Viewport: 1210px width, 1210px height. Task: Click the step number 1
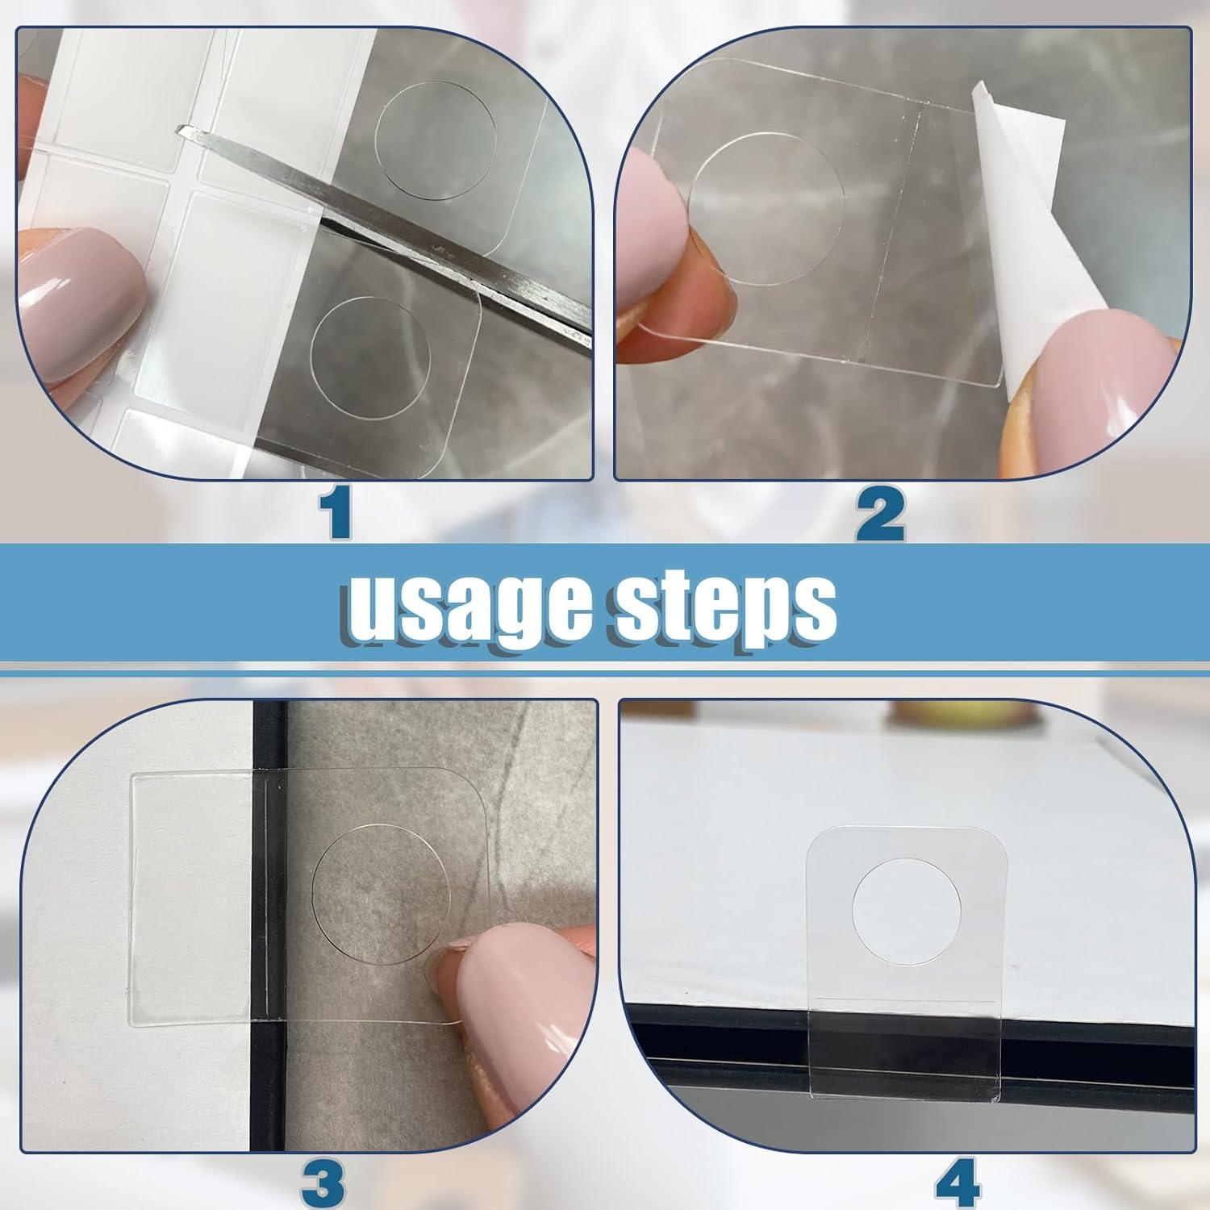tap(336, 513)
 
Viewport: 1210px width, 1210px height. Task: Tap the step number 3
tap(323, 1183)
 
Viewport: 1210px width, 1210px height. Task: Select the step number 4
tap(958, 1182)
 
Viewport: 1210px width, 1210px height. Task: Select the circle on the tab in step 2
tap(766, 208)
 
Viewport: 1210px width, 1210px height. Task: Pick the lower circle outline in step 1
tap(370, 357)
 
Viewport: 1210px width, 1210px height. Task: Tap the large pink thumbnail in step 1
tap(81, 298)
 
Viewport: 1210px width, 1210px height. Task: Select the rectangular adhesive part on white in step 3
tap(190, 895)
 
